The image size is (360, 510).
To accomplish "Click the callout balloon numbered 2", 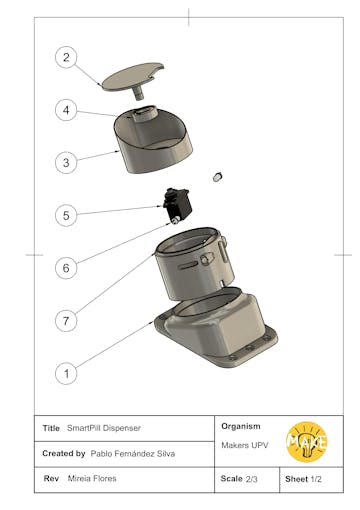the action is tap(66, 57).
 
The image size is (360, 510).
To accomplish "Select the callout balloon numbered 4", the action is tap(66, 110).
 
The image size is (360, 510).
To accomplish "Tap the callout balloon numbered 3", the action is tap(66, 163).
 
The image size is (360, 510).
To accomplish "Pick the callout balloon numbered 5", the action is tap(66, 215).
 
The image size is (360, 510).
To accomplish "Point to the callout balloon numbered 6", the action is tap(66, 268).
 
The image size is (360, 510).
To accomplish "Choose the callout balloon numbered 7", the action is tap(66, 321).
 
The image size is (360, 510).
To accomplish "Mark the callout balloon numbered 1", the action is tap(66, 373).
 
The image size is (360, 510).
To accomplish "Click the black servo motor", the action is tap(178, 205).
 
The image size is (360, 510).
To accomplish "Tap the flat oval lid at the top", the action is tap(133, 76).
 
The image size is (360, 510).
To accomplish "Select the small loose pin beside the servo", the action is tap(217, 177).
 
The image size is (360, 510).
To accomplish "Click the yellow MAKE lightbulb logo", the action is tap(307, 442).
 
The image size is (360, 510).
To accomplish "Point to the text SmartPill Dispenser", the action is tap(104, 428).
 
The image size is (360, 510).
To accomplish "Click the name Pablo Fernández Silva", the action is tap(133, 454).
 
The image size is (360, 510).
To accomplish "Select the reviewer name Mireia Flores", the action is tap(92, 479).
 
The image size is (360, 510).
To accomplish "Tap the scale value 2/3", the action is tap(252, 479).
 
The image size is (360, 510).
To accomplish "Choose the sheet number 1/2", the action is tap(316, 479).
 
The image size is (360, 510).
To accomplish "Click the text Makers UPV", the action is tap(245, 445).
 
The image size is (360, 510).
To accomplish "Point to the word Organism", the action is tap(241, 426).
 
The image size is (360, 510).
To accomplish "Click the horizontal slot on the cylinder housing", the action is tap(188, 265).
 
